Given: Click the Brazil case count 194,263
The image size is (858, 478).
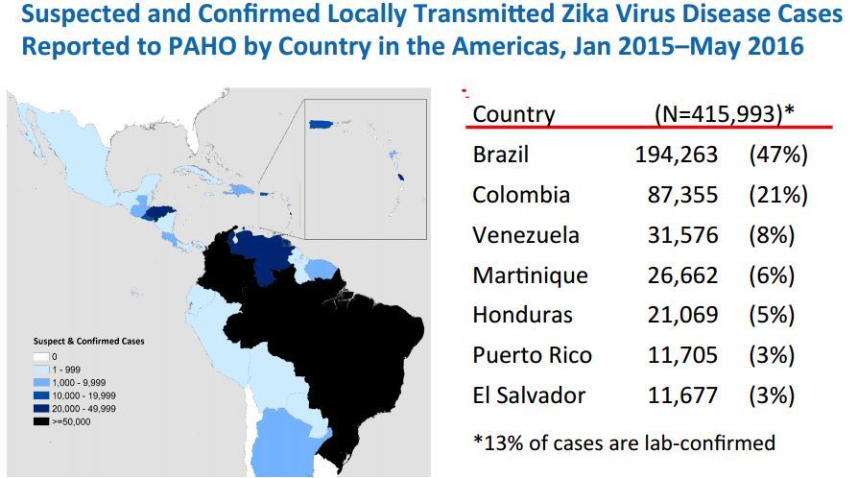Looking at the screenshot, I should coord(676,155).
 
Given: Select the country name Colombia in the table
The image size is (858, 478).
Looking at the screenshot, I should coord(520,195).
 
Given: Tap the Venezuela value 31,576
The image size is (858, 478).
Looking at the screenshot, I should coord(682,235).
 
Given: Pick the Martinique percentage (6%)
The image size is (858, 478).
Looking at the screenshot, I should coord(772,275).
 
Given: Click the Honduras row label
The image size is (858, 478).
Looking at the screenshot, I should coord(522,315).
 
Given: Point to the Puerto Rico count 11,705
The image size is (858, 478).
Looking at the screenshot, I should coord(682,355).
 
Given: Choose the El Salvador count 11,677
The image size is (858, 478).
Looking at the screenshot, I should coord(682,395).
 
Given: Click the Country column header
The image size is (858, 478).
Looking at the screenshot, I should coord(513,114).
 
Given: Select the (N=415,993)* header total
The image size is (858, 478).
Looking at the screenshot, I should coord(724,113).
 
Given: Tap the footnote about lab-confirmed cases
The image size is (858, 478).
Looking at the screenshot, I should coord(624,442).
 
